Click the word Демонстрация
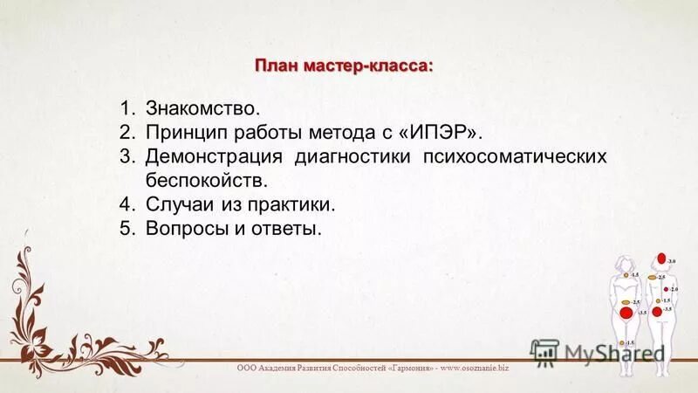point(213,158)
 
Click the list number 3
point(127,158)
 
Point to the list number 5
point(127,230)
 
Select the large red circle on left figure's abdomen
point(626,313)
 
